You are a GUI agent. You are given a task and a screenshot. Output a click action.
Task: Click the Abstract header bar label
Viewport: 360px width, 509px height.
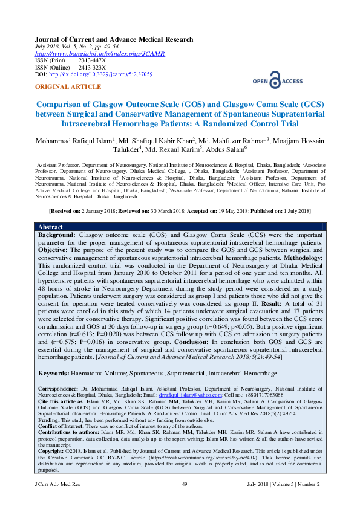click(x=51, y=226)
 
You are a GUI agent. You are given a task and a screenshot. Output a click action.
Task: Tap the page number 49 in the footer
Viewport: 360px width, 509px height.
click(x=185, y=485)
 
